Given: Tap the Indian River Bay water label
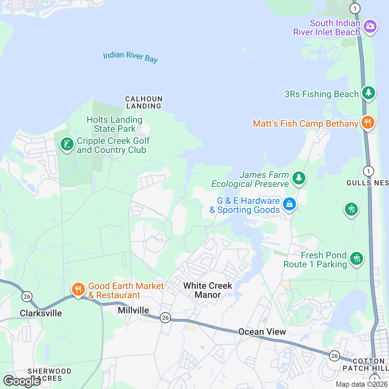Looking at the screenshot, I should pos(130,57).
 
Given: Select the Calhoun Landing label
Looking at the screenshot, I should pos(144,102).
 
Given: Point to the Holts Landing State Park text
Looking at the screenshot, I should pos(114,124).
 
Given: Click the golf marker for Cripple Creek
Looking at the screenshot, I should pos(67,144).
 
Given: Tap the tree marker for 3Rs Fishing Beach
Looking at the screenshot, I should pos(368,93).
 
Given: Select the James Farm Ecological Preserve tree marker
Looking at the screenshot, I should pos(299,178).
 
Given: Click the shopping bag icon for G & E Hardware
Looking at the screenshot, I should pos(289,204).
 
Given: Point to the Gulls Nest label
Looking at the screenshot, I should pos(368,183).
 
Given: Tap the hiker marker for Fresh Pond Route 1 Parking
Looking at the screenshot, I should pos(357,259).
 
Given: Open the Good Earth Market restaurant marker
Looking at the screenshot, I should pos(78,289).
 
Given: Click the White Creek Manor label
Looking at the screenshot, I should pos(207,290).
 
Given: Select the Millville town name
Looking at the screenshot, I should pos(133,310).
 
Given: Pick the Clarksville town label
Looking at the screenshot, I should pos(41,313).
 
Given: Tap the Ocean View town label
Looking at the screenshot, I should pos(262,332).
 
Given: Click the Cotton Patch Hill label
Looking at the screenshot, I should pos(366,365).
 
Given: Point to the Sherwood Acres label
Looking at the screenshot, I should pos(49,375).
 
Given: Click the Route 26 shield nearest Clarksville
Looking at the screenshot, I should pos(27,296).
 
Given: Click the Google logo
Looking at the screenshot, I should pos(22,381).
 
